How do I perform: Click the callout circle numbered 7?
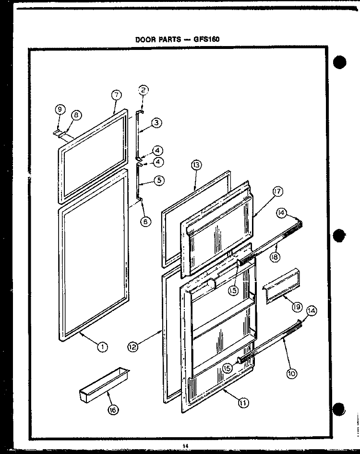click(x=117, y=95)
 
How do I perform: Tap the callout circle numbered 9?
click(x=60, y=109)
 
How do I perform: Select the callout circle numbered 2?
click(x=143, y=90)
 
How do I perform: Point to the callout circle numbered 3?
click(x=156, y=122)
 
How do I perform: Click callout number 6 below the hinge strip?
click(x=145, y=222)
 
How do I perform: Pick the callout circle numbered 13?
click(x=196, y=166)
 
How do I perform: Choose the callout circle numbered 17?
click(x=277, y=191)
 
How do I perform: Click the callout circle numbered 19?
click(x=297, y=307)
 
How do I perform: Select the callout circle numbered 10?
click(x=292, y=374)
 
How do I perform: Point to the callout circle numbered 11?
click(x=243, y=403)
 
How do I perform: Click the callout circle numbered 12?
click(x=132, y=346)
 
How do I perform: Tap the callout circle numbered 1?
click(x=102, y=347)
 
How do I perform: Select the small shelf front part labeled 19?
click(x=281, y=286)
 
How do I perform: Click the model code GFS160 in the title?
click(x=206, y=39)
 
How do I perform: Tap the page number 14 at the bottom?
click(x=185, y=446)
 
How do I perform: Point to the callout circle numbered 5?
click(x=159, y=180)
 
